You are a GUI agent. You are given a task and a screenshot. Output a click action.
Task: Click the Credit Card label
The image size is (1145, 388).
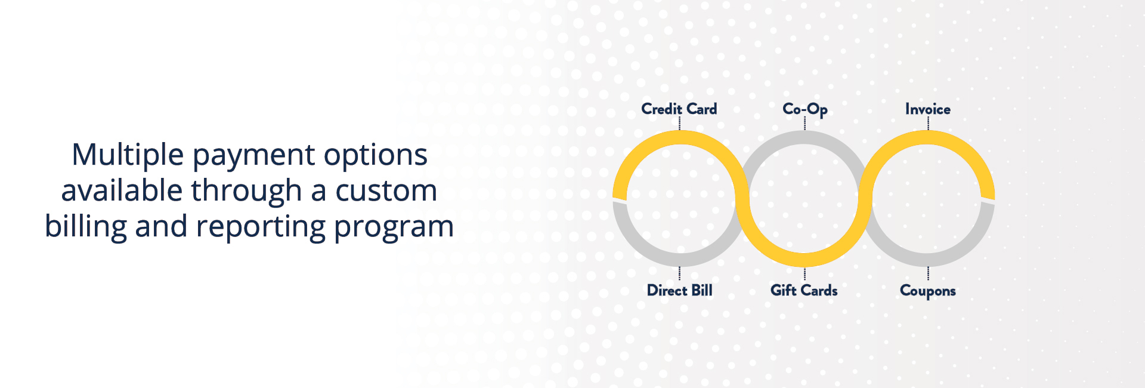tap(679, 109)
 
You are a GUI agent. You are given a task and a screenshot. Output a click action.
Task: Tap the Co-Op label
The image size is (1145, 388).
tap(805, 109)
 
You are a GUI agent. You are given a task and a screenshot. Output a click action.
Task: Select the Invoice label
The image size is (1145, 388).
tap(928, 109)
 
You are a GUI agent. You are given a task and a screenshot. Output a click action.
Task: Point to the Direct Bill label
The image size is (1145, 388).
tap(680, 290)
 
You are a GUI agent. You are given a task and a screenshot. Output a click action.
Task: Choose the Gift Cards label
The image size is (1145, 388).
tap(804, 290)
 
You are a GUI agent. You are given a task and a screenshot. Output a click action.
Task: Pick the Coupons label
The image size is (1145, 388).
tap(928, 291)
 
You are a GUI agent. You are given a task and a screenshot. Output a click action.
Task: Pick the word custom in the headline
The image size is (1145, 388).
tap(386, 192)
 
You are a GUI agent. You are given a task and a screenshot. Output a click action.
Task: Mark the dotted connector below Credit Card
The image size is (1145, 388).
tap(680, 124)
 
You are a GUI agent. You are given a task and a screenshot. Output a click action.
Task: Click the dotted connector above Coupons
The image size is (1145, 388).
tap(928, 274)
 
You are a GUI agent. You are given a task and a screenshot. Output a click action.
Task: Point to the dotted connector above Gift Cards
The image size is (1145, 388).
tap(804, 274)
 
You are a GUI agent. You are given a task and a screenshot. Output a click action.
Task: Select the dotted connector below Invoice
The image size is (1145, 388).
tap(928, 124)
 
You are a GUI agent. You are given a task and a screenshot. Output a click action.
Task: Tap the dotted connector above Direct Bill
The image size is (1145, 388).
tap(680, 274)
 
